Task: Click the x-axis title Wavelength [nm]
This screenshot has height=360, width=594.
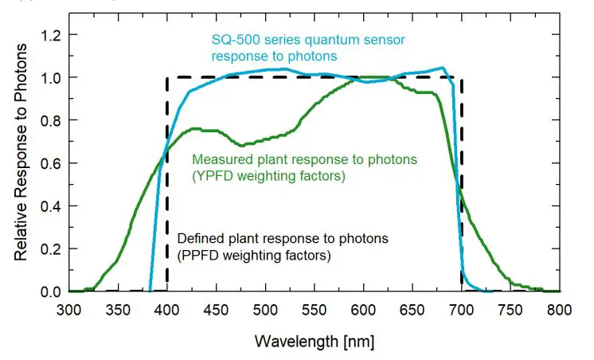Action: tap(314, 342)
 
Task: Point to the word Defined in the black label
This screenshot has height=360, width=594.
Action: tap(197, 238)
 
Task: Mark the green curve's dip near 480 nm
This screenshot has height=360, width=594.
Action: tap(242, 146)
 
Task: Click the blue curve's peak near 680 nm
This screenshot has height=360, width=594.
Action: tap(443, 68)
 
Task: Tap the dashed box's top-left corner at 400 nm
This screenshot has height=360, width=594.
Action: tap(166, 78)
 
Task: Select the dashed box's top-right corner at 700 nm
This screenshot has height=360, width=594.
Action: tap(461, 78)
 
